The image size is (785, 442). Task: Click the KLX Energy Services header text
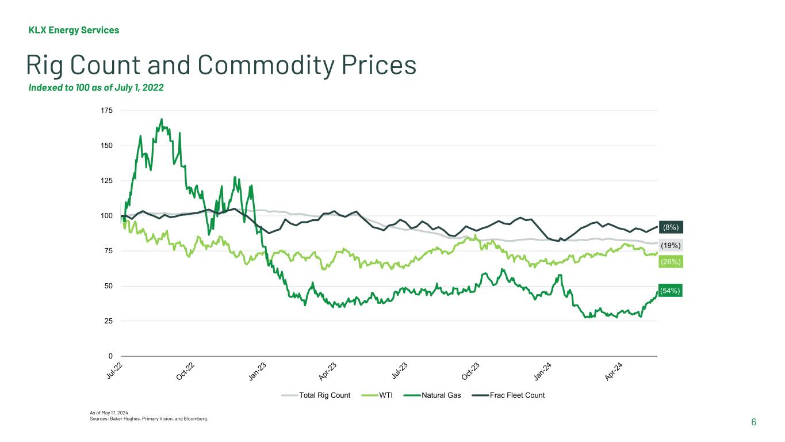[74, 30]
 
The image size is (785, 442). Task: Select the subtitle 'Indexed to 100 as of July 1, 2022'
[96, 88]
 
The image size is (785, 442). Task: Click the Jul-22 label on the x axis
[116, 372]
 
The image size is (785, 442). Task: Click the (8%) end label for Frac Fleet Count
[671, 227]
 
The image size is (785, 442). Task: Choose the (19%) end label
[671, 245]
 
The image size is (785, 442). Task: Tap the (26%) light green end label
[671, 262]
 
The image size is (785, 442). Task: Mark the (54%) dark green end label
[671, 291]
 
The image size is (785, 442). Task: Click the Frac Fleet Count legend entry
[516, 395]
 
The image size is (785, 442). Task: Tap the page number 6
[753, 422]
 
